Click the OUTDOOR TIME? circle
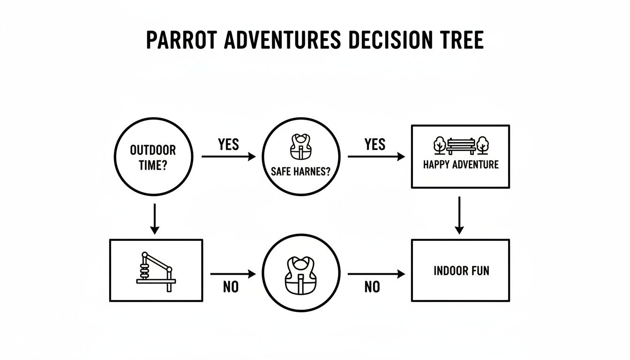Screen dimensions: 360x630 tap(153, 157)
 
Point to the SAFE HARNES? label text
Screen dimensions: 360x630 tap(300, 172)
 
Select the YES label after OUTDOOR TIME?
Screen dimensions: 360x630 tap(228, 144)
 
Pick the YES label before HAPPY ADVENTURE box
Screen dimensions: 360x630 tap(375, 144)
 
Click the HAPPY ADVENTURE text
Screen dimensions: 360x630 tap(460, 165)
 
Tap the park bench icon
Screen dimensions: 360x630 tap(461, 146)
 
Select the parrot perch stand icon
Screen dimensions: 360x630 tap(155, 272)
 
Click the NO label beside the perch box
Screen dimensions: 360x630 tap(231, 287)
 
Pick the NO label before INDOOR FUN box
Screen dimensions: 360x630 tap(372, 287)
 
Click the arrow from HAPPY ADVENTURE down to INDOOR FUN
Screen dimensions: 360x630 tap(459, 215)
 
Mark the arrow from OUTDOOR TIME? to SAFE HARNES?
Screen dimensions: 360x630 tap(228, 157)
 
